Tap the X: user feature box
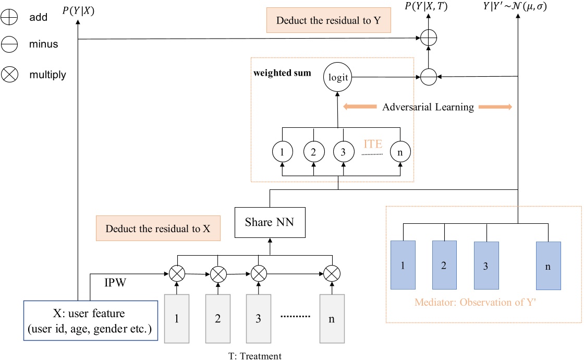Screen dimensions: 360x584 (x=91, y=321)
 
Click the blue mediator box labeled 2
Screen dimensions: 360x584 (x=443, y=265)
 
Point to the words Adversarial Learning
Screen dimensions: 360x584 (x=428, y=107)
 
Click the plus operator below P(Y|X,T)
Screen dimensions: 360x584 (x=428, y=37)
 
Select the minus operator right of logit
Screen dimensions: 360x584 (x=428, y=77)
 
